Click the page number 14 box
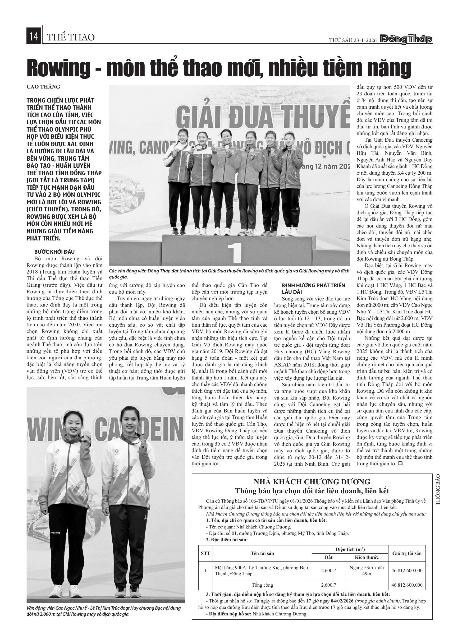click(x=34, y=37)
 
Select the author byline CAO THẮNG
click(x=43, y=87)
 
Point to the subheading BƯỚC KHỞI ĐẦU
click(x=54, y=252)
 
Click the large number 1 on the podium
click(x=234, y=253)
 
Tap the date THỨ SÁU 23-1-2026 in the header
click(x=353, y=40)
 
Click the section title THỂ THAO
click(x=71, y=37)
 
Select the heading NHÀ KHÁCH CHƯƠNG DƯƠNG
click(x=312, y=481)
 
